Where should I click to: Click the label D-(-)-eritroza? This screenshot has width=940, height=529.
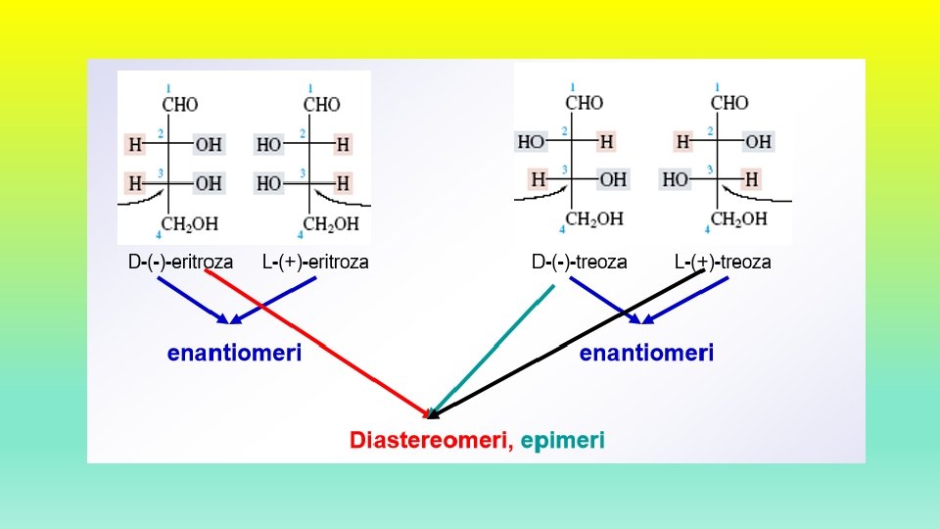pos(181,262)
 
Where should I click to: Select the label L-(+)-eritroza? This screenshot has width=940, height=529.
pos(315,262)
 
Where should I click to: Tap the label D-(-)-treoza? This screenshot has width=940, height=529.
pos(580,262)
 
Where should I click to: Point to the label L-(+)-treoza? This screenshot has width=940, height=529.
pos(723,262)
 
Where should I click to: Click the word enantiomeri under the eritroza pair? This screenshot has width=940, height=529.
pos(234,352)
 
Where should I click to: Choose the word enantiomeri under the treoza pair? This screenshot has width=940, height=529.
pos(646,352)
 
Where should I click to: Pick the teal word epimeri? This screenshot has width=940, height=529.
pos(562,441)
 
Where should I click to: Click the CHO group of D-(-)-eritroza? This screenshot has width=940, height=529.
pos(180,104)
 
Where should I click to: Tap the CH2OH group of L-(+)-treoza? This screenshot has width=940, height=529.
pos(739,219)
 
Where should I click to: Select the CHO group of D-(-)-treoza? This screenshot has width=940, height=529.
pos(585,102)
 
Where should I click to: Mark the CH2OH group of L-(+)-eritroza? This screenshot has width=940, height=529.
pos(331,224)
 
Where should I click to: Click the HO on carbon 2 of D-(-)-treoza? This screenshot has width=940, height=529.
pos(532,142)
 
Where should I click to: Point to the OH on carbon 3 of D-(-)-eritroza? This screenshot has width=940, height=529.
pos(209,183)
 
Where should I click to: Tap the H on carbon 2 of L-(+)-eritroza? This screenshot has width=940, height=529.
pos(342,145)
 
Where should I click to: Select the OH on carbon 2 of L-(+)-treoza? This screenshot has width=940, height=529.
pos(758,142)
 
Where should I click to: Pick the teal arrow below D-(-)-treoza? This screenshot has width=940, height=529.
pos(494,348)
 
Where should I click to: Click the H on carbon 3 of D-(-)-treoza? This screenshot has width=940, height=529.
pos(539,180)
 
